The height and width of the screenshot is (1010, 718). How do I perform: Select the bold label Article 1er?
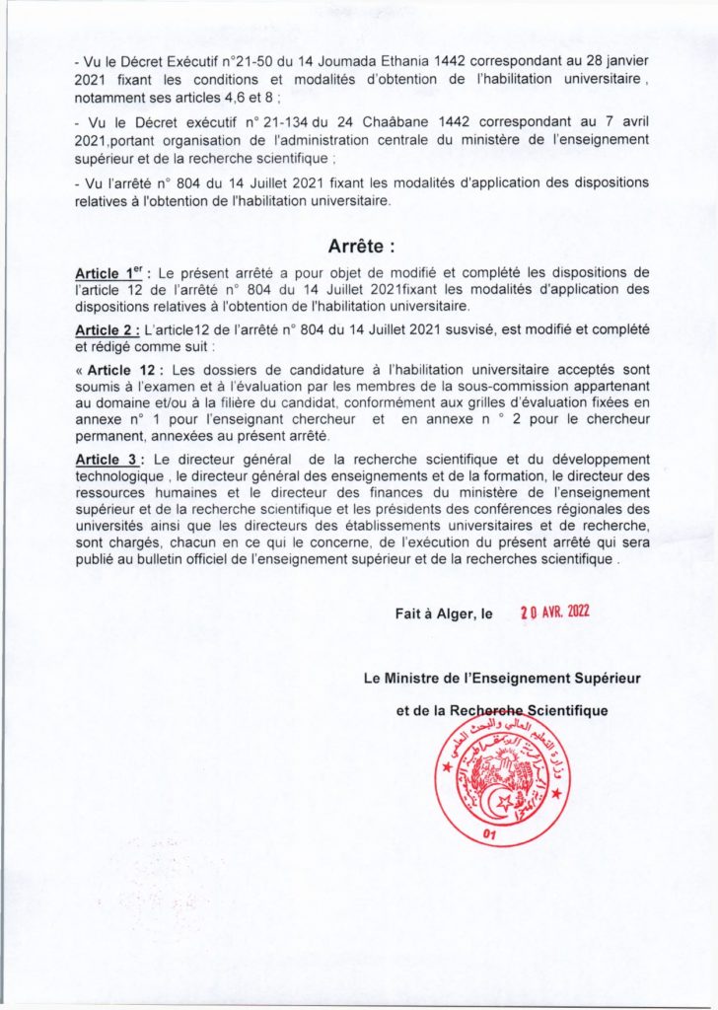[110, 273]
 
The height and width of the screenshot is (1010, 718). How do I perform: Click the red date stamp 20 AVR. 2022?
[554, 612]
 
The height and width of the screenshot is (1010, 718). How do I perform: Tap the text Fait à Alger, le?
[443, 613]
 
